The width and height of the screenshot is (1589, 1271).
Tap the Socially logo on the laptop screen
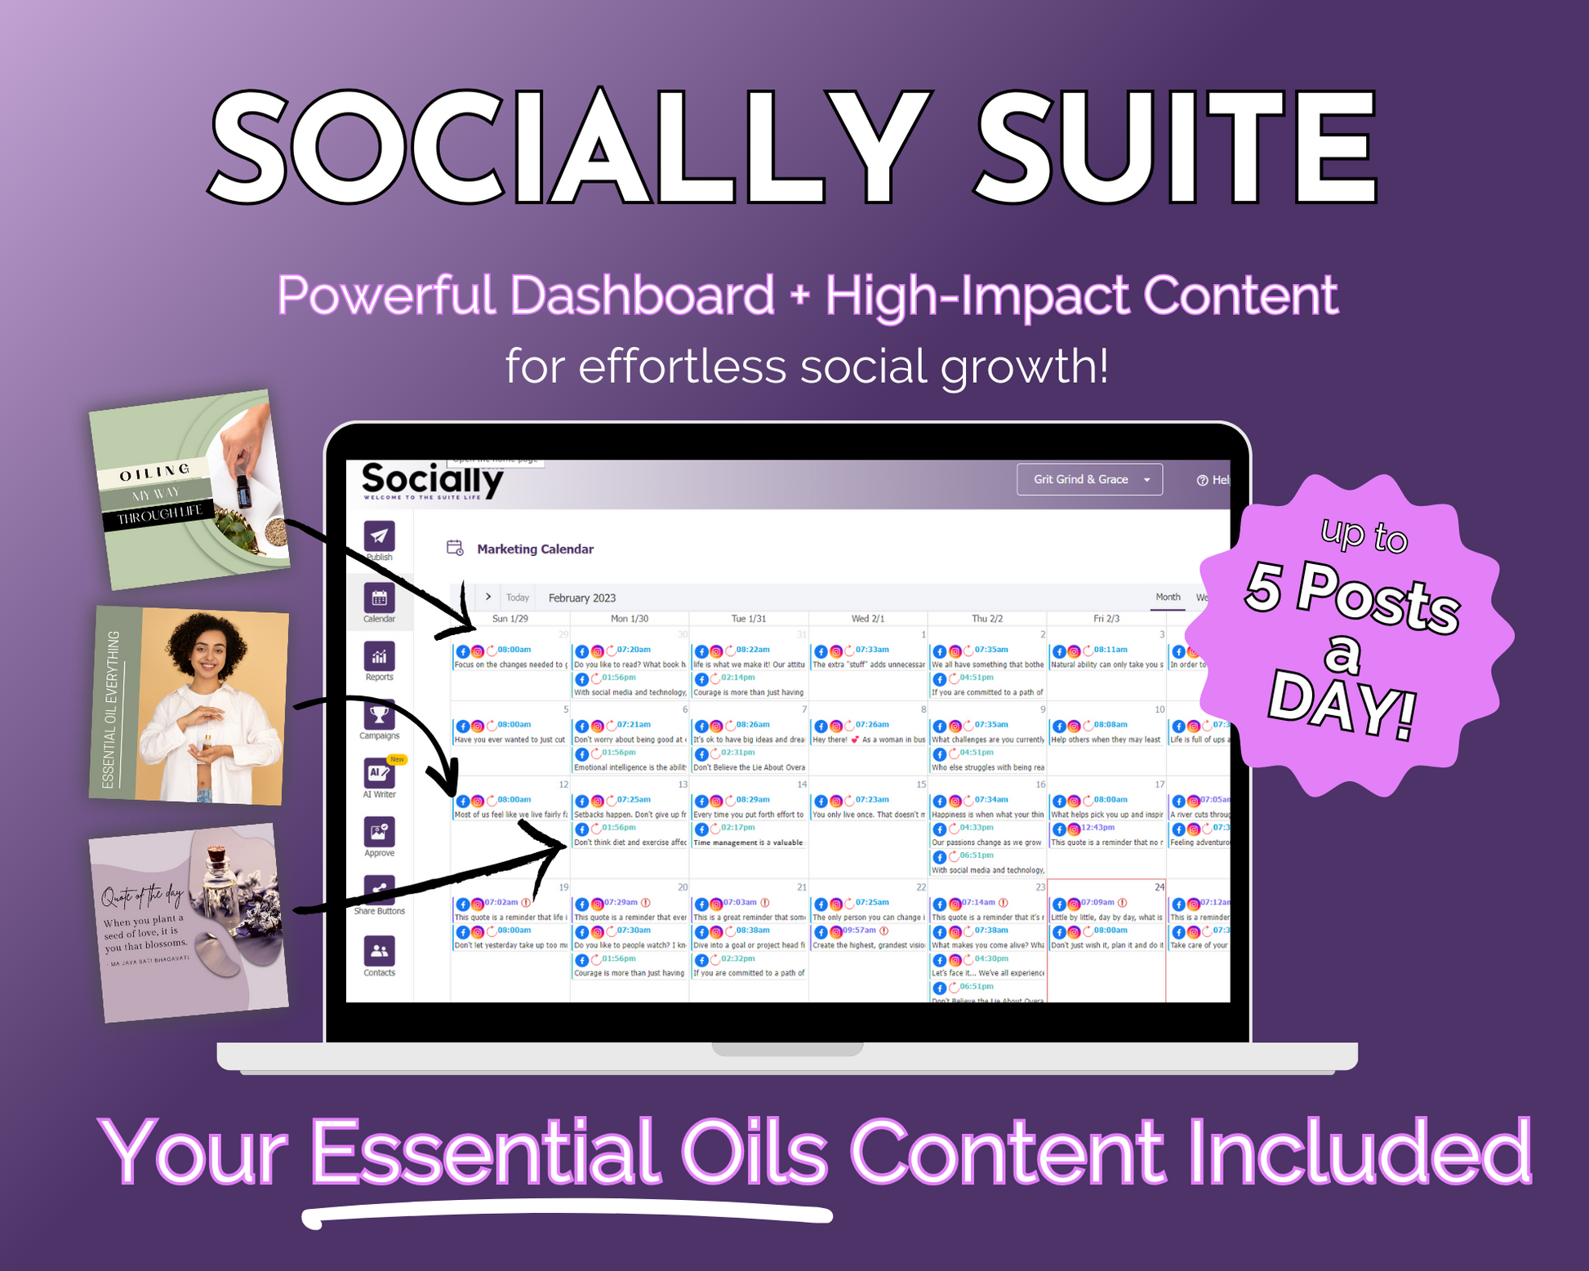[432, 479]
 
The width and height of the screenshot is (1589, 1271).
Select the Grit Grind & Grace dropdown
[1088, 479]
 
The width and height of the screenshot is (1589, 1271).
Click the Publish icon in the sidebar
[379, 536]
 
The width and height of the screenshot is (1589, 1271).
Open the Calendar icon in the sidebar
[379, 598]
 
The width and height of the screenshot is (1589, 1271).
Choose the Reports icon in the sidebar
[379, 656]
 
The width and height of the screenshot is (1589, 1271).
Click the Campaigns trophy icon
[379, 715]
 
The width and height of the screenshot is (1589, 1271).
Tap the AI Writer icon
[379, 773]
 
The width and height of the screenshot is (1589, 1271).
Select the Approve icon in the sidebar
[379, 832]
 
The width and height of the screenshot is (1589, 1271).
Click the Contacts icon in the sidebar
[379, 951]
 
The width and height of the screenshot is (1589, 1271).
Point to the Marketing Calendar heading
[535, 549]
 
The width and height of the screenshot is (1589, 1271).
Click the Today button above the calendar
[517, 598]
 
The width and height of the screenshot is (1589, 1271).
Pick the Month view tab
[1168, 597]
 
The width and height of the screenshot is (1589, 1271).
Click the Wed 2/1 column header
[867, 619]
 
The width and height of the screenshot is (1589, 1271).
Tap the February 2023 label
[582, 598]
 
